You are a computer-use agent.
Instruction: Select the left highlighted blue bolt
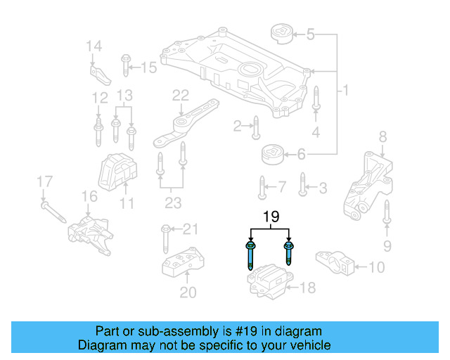(x=250, y=257)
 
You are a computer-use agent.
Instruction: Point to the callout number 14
(x=94, y=47)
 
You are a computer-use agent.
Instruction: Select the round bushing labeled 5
(x=281, y=35)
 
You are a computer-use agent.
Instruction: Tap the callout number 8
(x=382, y=136)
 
